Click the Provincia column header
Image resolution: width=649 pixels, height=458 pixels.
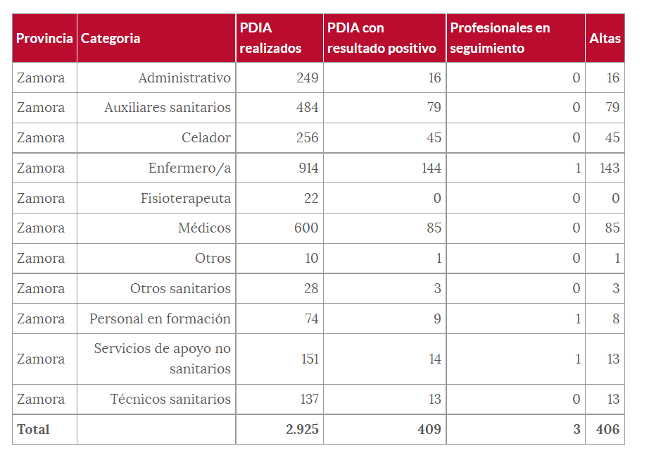point(44,38)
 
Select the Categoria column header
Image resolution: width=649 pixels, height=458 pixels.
point(111,38)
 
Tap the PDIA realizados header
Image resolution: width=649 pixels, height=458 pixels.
point(270,38)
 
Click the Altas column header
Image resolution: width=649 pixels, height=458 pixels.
point(605,38)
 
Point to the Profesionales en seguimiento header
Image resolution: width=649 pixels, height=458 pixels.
point(500,38)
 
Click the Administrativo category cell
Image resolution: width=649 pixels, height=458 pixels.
point(184,78)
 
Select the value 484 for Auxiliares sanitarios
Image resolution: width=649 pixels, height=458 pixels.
point(307,107)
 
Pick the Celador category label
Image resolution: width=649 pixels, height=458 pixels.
point(206,137)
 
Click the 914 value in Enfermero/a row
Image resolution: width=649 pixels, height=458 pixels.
point(307,168)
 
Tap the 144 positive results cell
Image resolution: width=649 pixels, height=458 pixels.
point(430,168)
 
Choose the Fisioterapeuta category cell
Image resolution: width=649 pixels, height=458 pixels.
point(186,198)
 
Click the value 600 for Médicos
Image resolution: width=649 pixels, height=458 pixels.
point(307,228)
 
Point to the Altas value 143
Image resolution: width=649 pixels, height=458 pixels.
point(610,168)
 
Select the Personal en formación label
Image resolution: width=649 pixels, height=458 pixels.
point(160,318)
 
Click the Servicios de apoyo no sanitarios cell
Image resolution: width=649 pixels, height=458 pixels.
point(163,359)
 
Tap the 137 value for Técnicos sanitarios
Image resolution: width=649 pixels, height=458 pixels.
point(309,399)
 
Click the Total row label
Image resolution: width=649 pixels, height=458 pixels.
point(33,429)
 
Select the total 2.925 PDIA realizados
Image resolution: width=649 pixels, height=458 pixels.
point(302,429)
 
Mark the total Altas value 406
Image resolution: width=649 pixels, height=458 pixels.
point(607,429)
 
